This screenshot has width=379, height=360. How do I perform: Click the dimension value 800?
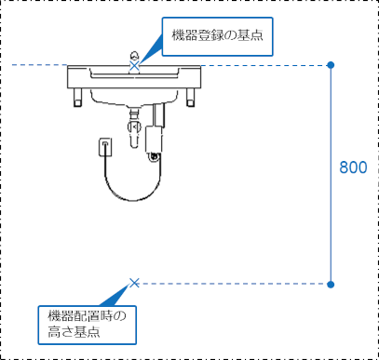(353, 167)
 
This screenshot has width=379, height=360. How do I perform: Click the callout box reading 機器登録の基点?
(217, 36)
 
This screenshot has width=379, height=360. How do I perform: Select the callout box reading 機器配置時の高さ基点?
(88, 325)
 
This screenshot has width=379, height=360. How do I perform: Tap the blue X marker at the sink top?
(134, 65)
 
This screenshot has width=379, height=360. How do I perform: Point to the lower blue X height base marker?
(134, 283)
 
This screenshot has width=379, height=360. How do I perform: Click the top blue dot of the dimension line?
(331, 65)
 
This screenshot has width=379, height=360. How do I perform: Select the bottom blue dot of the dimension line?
(331, 284)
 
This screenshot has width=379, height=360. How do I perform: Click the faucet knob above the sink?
(134, 56)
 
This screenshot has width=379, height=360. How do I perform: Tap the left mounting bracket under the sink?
(78, 98)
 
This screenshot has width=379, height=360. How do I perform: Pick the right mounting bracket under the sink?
(191, 98)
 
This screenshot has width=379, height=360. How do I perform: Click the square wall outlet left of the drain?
(105, 147)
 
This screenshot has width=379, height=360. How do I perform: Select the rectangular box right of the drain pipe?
(154, 139)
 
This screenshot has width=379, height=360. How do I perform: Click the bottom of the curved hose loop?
(133, 199)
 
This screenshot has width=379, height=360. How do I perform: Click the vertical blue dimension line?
(331, 175)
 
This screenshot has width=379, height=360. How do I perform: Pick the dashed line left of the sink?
(39, 65)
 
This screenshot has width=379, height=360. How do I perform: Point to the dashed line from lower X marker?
(233, 284)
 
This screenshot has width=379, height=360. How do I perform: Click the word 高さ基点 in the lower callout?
(74, 332)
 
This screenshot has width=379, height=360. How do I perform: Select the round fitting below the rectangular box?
(154, 157)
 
